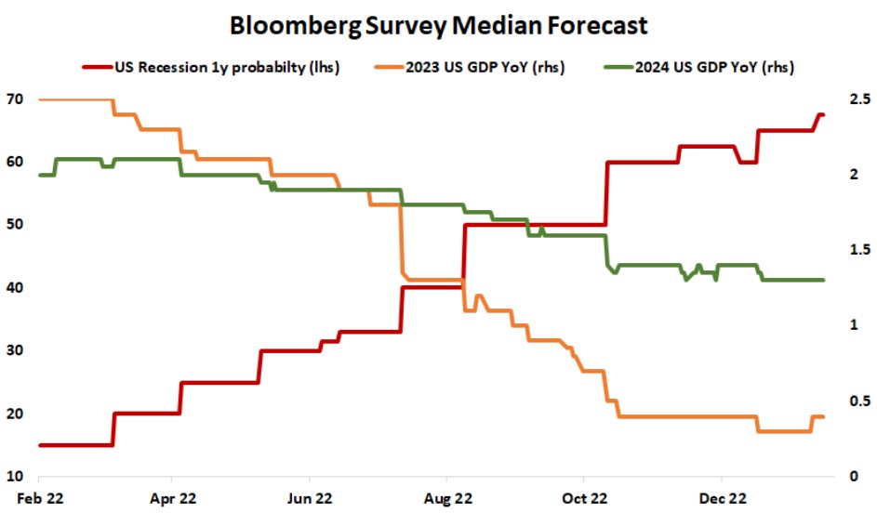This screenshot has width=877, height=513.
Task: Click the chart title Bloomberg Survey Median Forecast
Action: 438,26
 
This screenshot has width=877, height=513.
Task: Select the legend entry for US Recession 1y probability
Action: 223,68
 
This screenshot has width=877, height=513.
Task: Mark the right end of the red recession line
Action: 823,114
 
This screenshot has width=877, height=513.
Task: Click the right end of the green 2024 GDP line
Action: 823,280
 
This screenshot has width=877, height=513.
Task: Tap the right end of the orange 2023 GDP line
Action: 823,416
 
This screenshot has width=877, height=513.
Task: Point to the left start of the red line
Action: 39,445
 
